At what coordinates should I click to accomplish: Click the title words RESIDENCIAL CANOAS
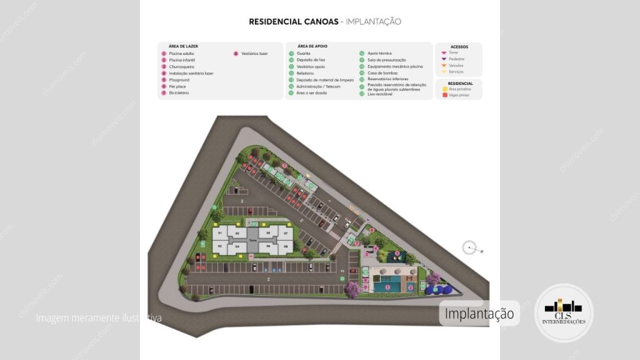point(292,21)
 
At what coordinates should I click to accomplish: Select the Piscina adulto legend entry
point(181,54)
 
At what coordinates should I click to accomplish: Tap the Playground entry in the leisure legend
point(179,80)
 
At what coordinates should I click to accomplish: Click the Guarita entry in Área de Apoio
point(303,54)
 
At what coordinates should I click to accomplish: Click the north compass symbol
point(470,248)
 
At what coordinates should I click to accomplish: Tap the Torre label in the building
point(253,240)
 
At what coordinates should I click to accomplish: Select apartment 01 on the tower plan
point(219,233)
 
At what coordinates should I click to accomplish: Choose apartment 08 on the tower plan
point(286,247)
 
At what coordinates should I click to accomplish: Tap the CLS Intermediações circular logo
point(564,312)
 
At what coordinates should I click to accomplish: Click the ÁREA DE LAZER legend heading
point(183,46)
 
